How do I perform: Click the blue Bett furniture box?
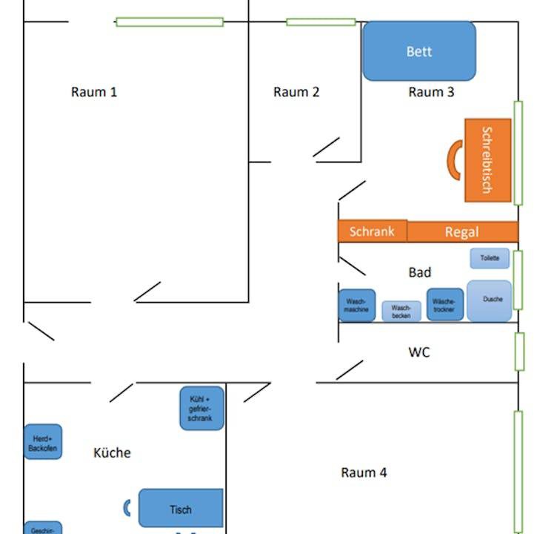419,50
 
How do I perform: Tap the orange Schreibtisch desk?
487,160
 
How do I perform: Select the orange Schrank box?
373,231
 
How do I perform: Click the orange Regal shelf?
462,231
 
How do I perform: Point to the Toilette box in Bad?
490,258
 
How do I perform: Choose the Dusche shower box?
490,300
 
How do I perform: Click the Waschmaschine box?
357,305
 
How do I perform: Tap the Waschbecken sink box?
401,311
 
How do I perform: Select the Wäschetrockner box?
445,305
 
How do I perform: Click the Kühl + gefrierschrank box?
201,408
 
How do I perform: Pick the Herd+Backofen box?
43,442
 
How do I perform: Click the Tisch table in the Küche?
181,508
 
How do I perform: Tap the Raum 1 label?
94,92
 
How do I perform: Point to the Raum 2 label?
296,92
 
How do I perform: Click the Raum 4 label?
364,472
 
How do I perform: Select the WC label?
419,352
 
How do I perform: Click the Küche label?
113,452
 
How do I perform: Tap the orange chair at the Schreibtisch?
453,159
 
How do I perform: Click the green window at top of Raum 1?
170,22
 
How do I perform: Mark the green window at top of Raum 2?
321,22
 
